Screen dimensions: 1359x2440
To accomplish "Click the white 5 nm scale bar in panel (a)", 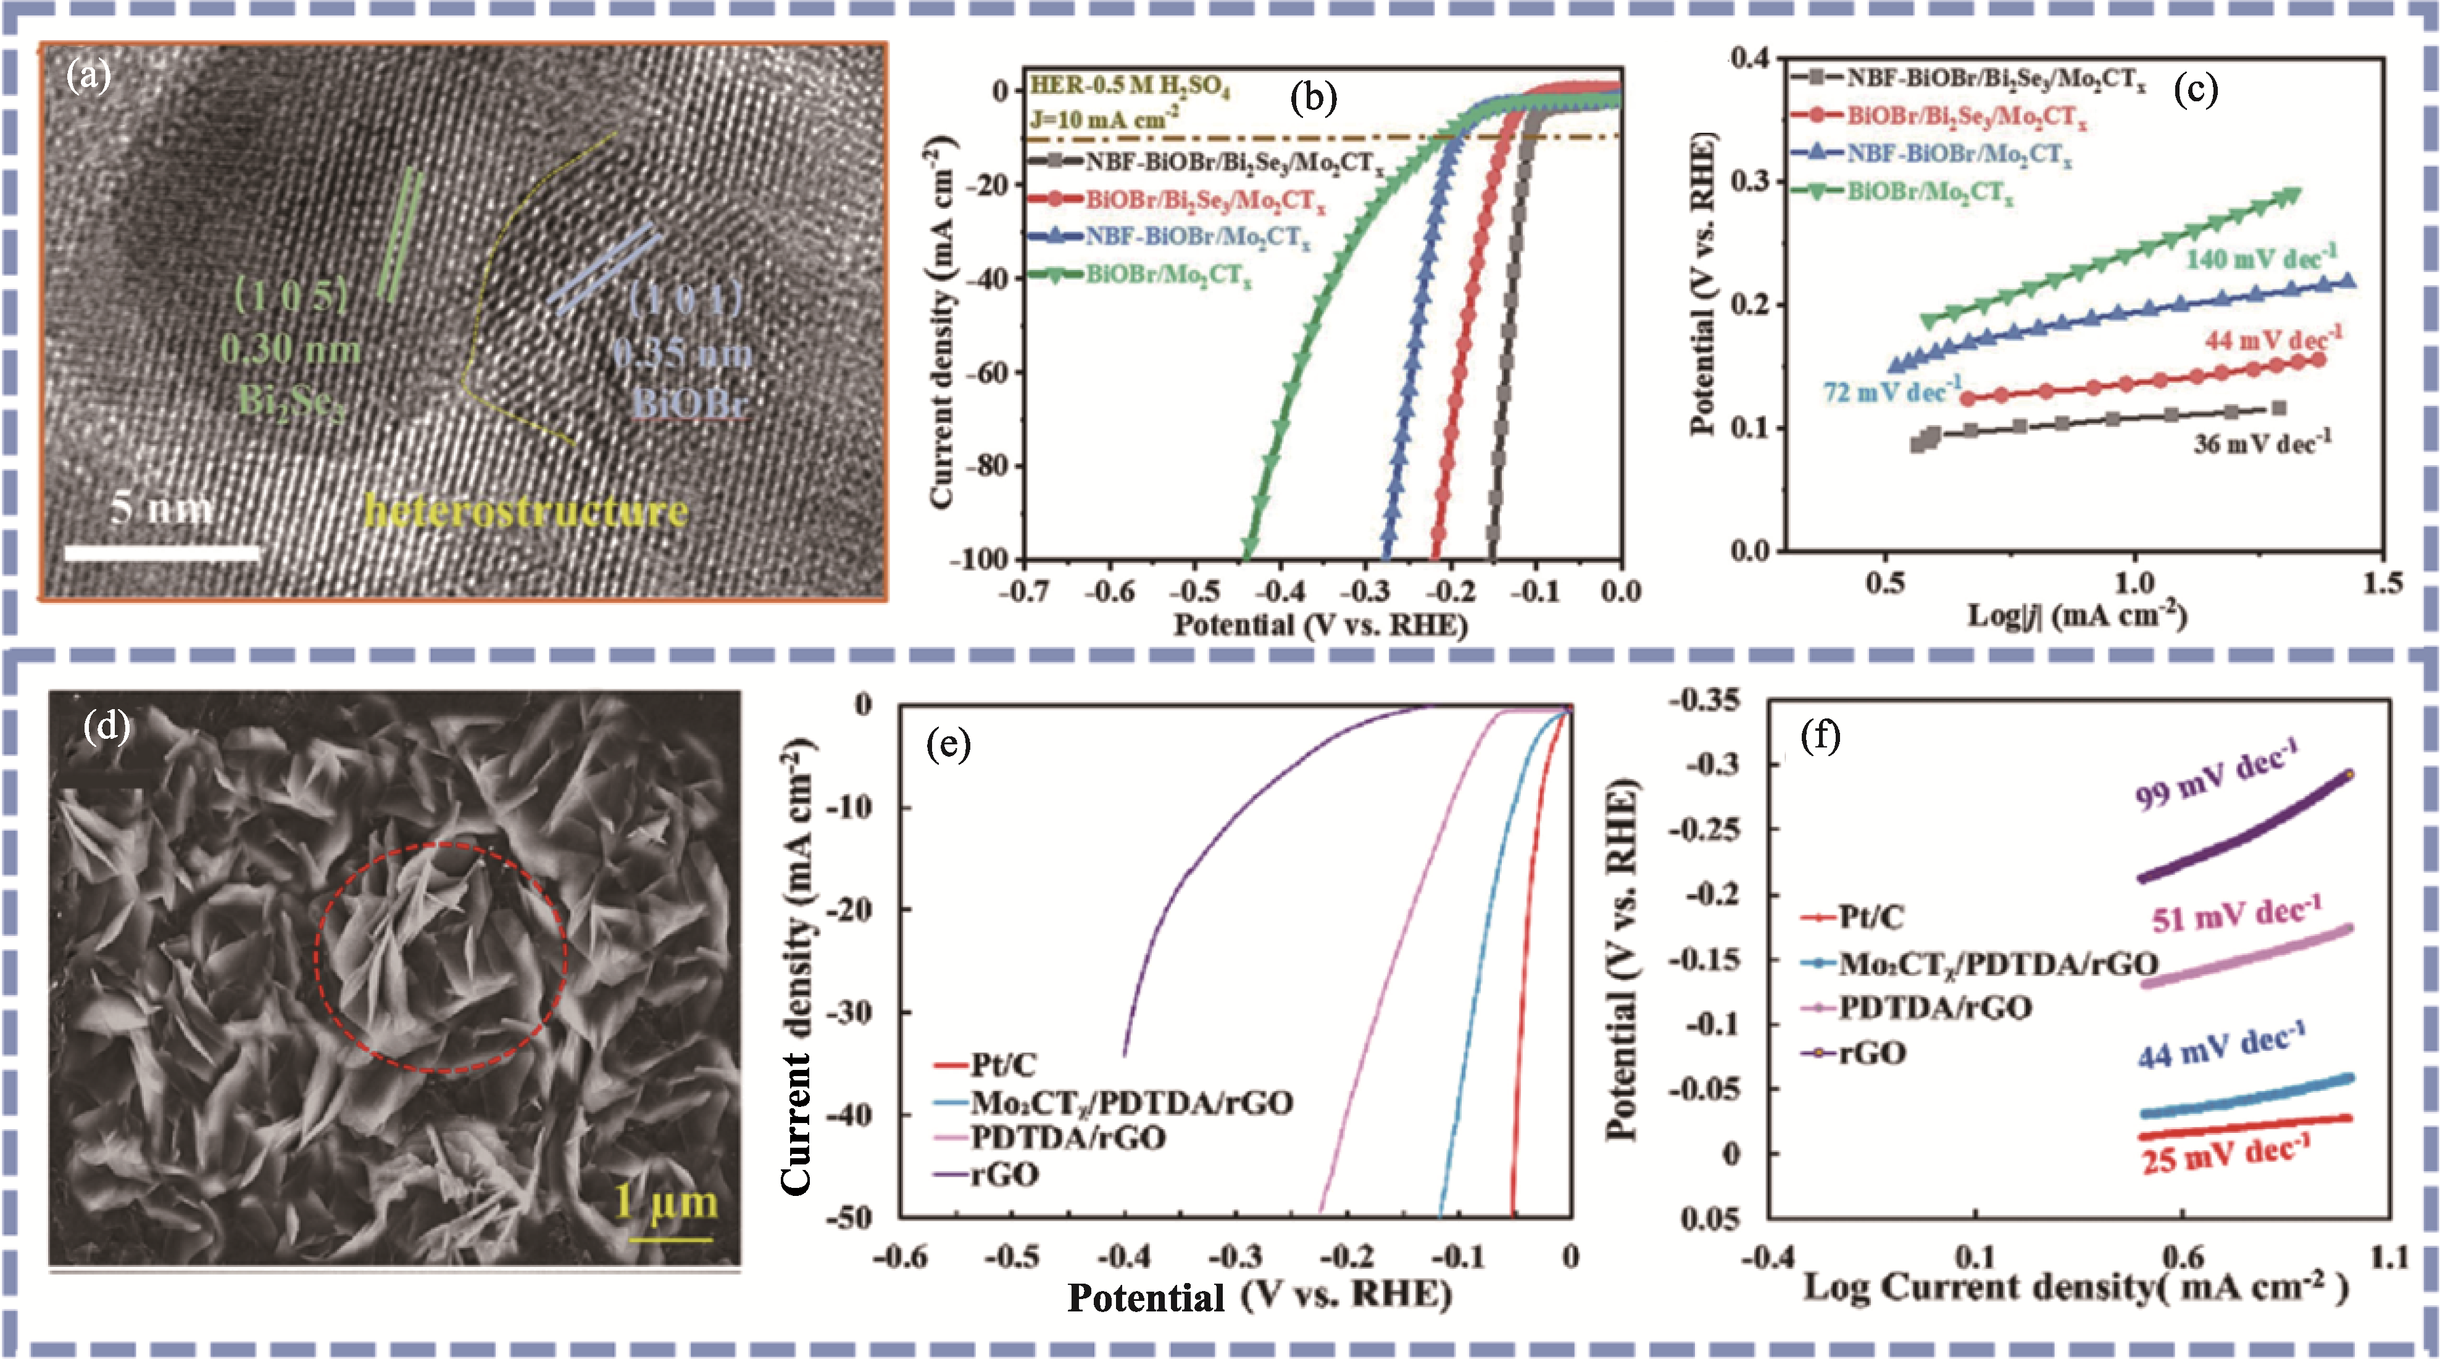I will click(162, 552).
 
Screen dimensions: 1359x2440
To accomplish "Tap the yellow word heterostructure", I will click(526, 511).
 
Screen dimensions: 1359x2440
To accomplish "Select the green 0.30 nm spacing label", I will click(291, 351).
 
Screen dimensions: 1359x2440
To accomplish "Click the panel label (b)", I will click(1313, 98).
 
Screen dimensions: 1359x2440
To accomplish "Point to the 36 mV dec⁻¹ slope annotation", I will click(2261, 442).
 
